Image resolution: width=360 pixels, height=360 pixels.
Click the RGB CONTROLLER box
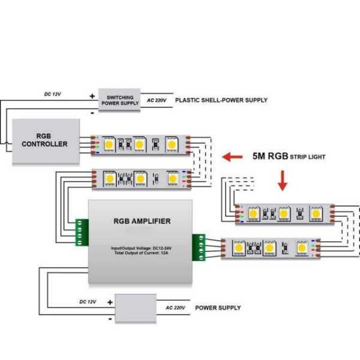(x=46, y=141)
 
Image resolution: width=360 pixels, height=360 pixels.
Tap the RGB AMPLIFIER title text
(x=142, y=221)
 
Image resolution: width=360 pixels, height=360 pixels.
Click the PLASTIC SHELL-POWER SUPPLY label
(x=221, y=100)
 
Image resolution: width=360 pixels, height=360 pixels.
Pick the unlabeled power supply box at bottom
(x=136, y=308)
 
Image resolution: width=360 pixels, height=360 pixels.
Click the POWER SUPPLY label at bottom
(x=218, y=308)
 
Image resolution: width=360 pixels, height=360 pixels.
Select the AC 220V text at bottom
(x=176, y=308)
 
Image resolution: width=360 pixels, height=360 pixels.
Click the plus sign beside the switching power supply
(x=92, y=95)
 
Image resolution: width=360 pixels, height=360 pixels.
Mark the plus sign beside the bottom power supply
(x=109, y=302)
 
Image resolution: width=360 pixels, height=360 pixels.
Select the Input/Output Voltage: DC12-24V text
(x=142, y=248)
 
